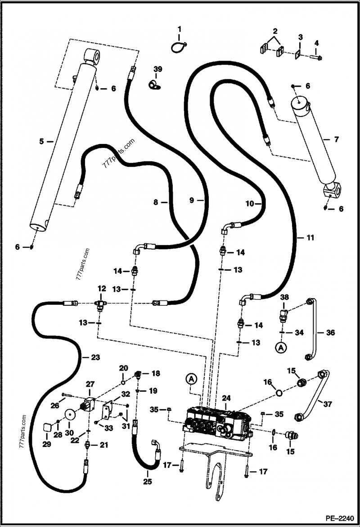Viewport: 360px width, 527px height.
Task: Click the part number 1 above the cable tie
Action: pos(180,29)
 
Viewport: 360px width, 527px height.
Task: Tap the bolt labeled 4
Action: pos(315,57)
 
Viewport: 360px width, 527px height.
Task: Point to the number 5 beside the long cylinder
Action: pos(41,141)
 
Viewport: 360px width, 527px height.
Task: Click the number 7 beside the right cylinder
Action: pos(336,139)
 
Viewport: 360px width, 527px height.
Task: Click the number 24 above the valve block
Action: pos(226,397)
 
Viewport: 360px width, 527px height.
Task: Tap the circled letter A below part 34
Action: pos(282,348)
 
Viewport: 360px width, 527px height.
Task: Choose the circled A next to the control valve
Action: pos(191,380)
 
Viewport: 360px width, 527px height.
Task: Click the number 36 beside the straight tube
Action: pos(331,333)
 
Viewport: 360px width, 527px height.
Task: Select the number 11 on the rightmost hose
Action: pos(310,237)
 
